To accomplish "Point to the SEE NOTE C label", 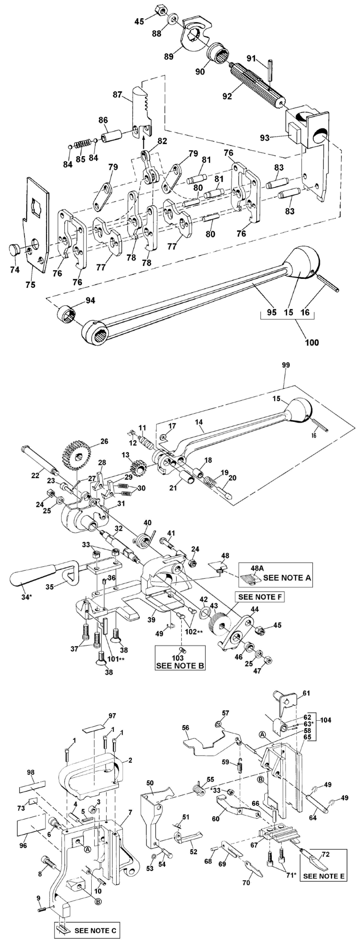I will coord(95,930).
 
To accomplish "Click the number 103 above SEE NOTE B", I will coord(177,657).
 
